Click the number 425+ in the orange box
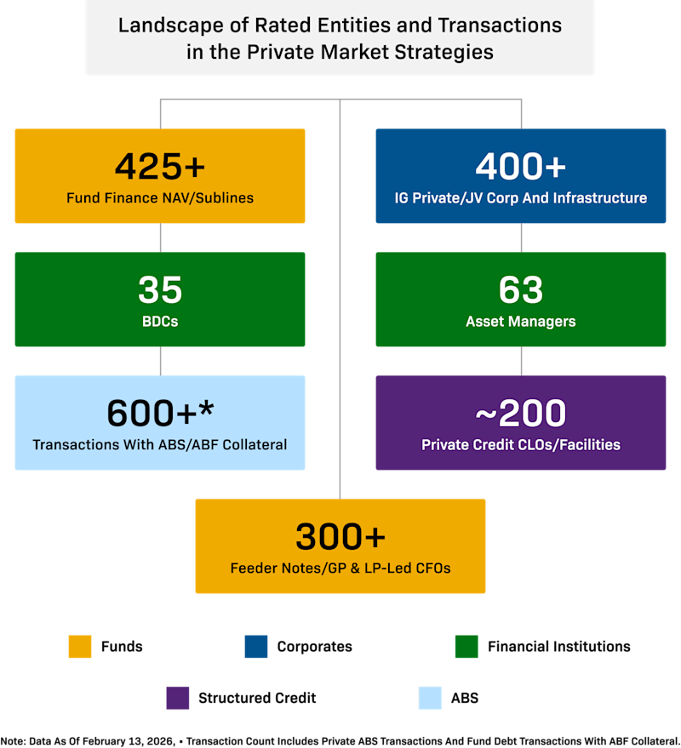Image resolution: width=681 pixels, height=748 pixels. click(x=160, y=167)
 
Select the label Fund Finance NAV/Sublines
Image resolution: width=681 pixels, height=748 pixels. click(x=160, y=198)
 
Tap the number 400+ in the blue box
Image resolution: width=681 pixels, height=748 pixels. click(x=520, y=167)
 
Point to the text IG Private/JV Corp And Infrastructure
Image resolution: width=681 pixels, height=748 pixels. click(x=520, y=198)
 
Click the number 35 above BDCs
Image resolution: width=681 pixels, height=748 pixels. click(x=160, y=290)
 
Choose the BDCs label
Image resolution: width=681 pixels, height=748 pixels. click(x=160, y=322)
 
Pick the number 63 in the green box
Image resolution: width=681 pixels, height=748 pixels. click(x=520, y=290)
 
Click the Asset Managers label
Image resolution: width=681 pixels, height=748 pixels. click(x=520, y=322)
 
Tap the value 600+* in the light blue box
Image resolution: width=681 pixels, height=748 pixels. click(x=160, y=414)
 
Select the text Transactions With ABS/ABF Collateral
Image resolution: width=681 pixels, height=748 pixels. click(x=160, y=444)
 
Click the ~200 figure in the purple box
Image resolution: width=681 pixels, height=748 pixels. click(x=520, y=414)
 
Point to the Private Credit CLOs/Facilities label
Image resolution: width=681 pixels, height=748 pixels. click(x=520, y=444)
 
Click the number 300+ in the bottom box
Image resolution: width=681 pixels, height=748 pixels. click(x=340, y=537)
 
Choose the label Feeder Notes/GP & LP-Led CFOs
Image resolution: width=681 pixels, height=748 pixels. click(x=340, y=568)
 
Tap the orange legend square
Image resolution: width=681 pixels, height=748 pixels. click(x=80, y=647)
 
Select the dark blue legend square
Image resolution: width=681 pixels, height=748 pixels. click(x=256, y=647)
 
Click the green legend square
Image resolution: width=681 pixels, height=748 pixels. click(x=466, y=647)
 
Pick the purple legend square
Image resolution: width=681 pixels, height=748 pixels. click(x=178, y=698)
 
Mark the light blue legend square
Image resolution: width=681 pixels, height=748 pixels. click(x=430, y=698)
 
